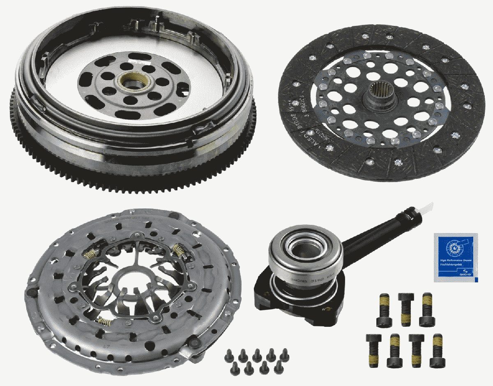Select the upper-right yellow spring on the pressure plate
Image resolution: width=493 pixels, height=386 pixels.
pos(178,250)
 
